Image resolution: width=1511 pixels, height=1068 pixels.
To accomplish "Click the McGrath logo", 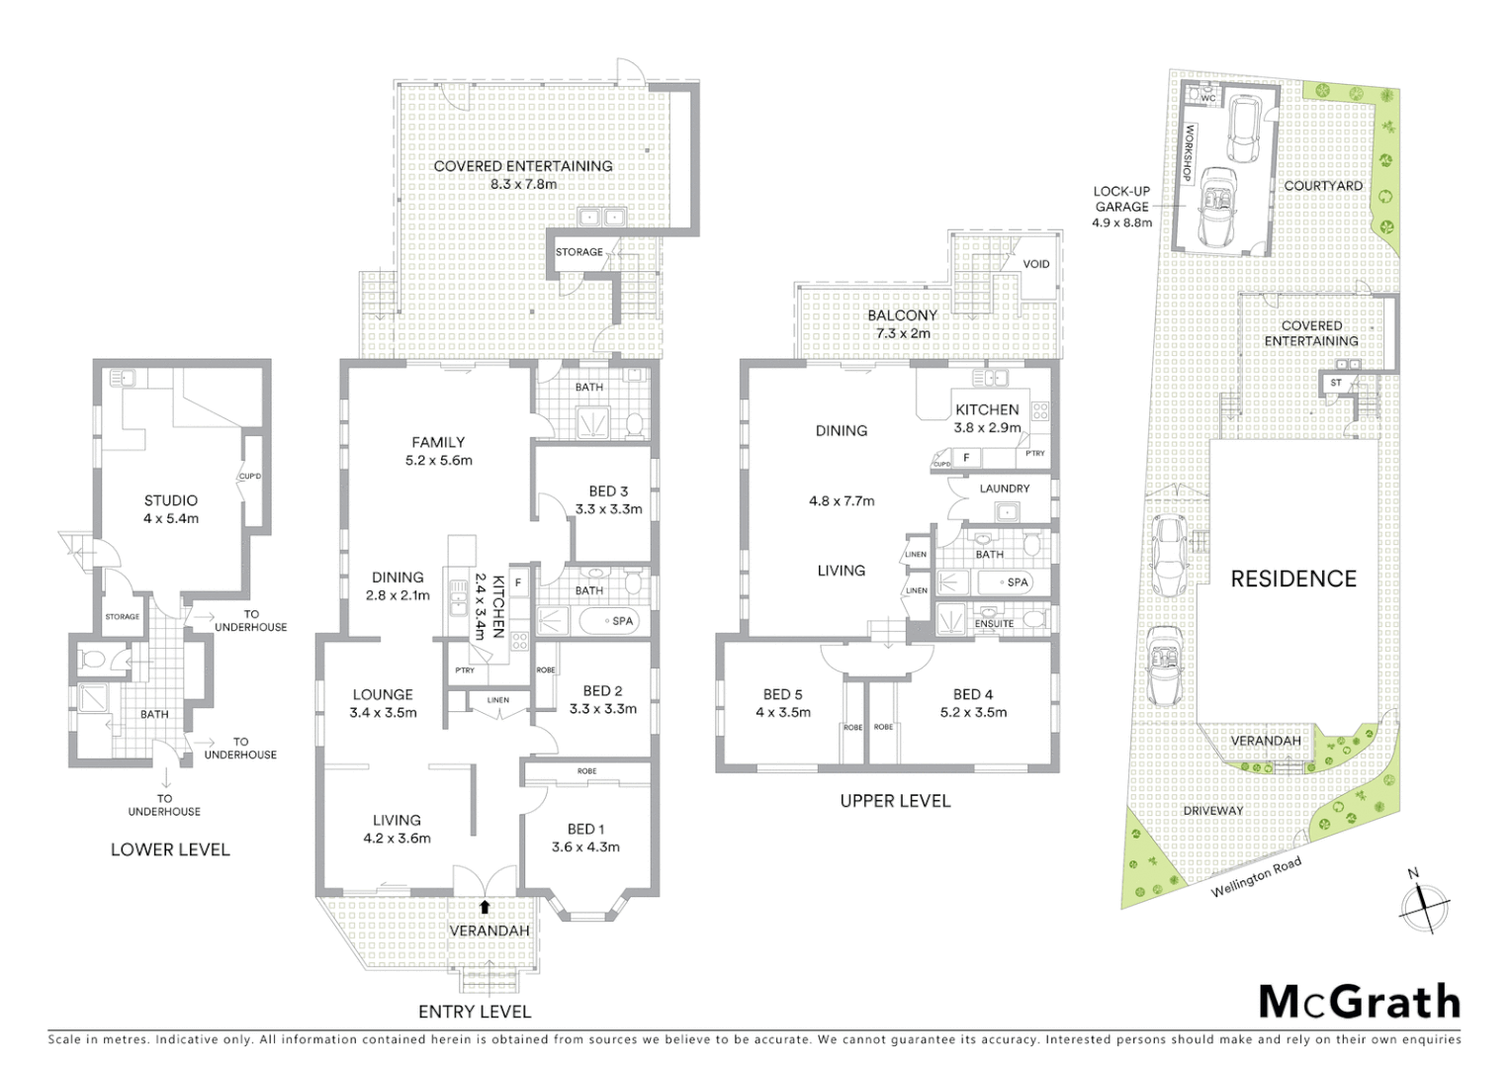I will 1359,1002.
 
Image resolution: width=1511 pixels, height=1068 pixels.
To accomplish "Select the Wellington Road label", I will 1256,877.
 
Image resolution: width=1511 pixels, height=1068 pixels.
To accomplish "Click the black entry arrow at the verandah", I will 485,906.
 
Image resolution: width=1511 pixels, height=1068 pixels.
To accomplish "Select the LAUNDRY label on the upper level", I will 1004,489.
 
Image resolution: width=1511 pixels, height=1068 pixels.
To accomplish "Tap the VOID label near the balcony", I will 1035,264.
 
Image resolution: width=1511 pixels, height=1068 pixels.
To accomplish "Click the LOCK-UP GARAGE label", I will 1121,207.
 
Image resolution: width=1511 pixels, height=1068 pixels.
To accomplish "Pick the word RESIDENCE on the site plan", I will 1292,579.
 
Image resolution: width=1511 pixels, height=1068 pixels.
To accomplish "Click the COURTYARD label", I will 1322,186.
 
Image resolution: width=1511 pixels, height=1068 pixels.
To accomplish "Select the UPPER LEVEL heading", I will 894,801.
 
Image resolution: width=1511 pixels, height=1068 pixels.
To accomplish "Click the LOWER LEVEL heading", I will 170,849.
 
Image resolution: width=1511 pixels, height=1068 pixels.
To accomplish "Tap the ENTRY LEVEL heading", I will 475,1012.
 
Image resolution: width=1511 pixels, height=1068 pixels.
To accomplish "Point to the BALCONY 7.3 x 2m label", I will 902,324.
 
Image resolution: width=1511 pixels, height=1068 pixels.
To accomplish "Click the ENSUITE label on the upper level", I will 994,624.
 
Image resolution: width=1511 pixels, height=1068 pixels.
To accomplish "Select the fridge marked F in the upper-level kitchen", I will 966,458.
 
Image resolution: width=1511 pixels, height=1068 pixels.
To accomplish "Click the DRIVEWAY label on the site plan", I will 1212,811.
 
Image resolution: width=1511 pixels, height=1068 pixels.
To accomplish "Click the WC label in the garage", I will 1207,98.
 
